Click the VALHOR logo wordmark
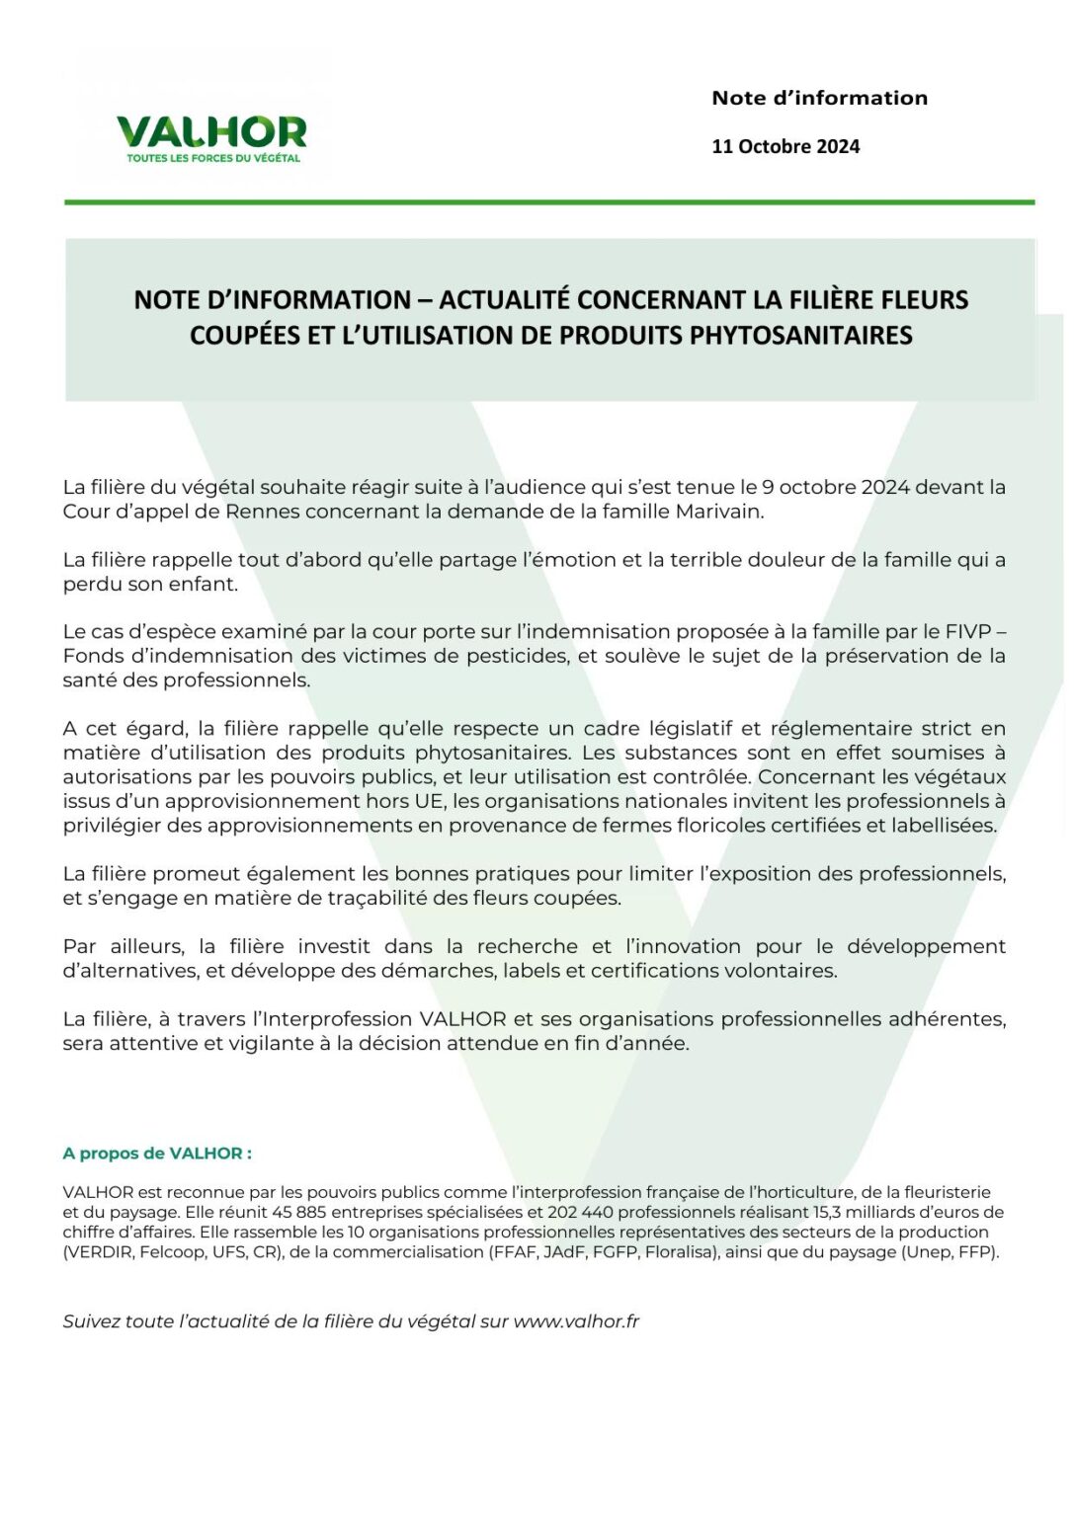pyautogui.click(x=211, y=132)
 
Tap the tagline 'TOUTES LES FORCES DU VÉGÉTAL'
pyautogui.click(x=213, y=158)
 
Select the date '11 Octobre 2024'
pyautogui.click(x=785, y=146)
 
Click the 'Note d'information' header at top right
pyautogui.click(x=819, y=98)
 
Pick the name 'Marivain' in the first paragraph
pyautogui.click(x=718, y=512)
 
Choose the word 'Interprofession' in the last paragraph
pyautogui.click(x=338, y=1019)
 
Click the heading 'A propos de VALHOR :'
pyautogui.click(x=157, y=1154)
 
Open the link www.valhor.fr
pyautogui.click(x=576, y=1321)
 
